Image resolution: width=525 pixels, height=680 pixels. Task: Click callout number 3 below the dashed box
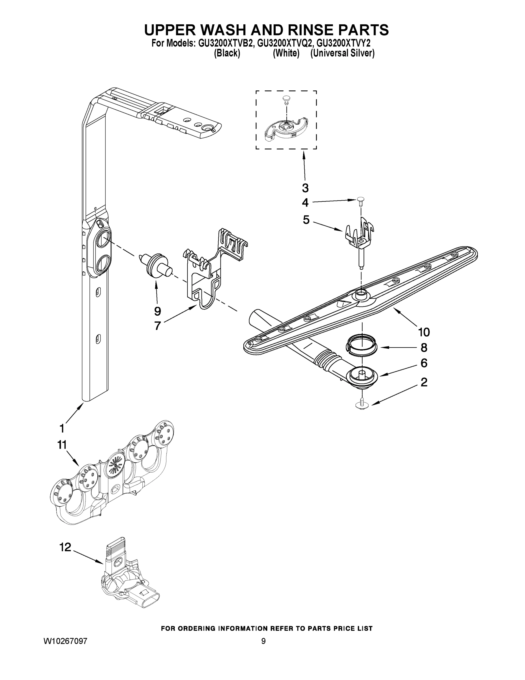click(x=305, y=188)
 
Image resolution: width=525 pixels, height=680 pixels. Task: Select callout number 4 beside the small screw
click(x=305, y=203)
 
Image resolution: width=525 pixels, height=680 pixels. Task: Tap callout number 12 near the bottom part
click(x=65, y=547)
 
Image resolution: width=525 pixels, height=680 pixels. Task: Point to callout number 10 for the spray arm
click(x=424, y=332)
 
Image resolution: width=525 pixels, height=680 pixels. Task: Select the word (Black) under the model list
click(x=227, y=54)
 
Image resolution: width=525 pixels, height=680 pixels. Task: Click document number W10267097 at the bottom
click(x=65, y=641)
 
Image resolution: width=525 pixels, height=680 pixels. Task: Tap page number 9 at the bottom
click(x=263, y=641)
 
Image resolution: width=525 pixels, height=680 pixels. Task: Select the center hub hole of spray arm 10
click(x=361, y=292)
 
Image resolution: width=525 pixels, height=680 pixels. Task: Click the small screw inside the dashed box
click(x=286, y=99)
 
